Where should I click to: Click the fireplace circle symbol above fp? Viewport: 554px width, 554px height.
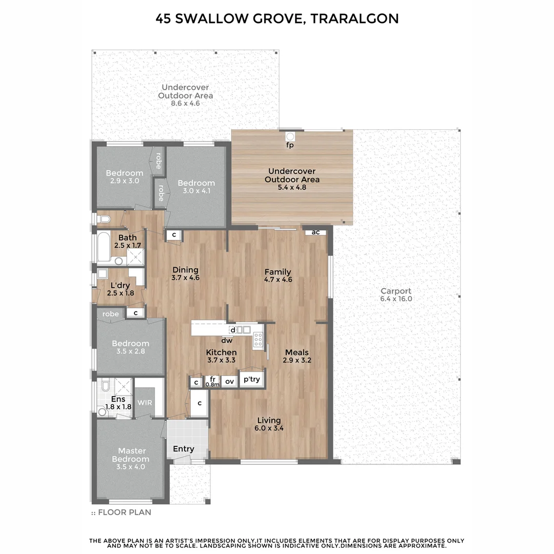[290, 136]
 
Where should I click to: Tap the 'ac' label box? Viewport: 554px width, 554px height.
[315, 232]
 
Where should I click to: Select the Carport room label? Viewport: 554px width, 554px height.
[395, 291]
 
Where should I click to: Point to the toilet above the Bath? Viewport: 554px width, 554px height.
[104, 219]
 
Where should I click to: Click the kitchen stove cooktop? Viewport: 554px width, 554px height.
[258, 340]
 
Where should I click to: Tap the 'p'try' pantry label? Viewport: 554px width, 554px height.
[252, 379]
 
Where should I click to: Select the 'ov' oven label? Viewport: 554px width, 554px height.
[230, 381]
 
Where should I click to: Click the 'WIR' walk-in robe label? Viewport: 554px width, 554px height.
[145, 403]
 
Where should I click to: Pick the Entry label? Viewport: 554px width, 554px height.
[183, 449]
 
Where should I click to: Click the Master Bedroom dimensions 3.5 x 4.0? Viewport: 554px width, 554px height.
[130, 467]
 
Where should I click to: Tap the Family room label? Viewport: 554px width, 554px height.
[278, 272]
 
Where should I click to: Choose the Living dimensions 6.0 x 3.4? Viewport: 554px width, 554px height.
[269, 428]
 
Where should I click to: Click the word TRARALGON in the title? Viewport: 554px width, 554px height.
[354, 19]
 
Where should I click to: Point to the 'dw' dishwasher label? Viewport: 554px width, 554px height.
[227, 340]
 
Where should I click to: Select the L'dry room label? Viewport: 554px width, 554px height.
[120, 285]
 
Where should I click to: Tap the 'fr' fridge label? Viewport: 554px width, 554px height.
[212, 379]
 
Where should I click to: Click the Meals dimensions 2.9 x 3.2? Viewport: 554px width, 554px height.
[297, 361]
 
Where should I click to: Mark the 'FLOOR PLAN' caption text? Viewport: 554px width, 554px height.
[124, 512]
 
